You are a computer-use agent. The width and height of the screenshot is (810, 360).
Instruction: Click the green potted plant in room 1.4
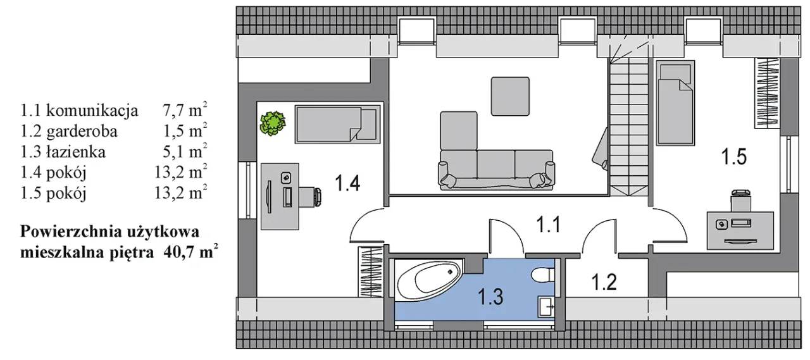273,123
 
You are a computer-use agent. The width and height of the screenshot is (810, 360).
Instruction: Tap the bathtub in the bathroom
428,282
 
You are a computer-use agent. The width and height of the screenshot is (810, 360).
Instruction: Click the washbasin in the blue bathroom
546,307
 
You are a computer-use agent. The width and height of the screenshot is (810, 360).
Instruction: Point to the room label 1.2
604,282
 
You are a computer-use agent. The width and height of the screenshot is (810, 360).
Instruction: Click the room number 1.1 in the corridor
548,225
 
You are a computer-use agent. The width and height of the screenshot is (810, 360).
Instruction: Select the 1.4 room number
347,182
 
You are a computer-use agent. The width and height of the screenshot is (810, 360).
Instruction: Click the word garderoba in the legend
82,131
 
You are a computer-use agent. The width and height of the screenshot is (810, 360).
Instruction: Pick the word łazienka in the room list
76,152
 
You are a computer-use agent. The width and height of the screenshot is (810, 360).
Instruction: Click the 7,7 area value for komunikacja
173,111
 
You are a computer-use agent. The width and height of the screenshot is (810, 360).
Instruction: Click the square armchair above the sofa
510,96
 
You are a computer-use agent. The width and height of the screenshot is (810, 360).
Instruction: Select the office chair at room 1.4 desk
311,197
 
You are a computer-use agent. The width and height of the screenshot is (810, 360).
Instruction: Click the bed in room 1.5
675,103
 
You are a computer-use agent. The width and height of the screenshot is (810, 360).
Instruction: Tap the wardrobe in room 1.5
766,93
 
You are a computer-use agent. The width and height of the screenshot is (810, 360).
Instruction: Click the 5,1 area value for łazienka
173,152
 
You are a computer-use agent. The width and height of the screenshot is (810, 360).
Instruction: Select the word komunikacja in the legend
92,111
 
